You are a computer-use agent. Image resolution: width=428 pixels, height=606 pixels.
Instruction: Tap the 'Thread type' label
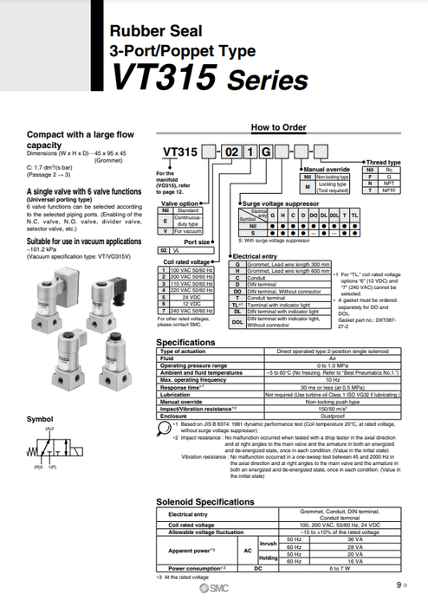point(383,162)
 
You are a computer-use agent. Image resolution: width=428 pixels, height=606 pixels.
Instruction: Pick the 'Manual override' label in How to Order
point(326,169)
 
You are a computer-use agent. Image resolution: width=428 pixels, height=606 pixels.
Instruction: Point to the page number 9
point(399,586)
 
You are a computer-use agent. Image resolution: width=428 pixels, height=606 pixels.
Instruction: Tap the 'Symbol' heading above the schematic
point(39,420)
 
